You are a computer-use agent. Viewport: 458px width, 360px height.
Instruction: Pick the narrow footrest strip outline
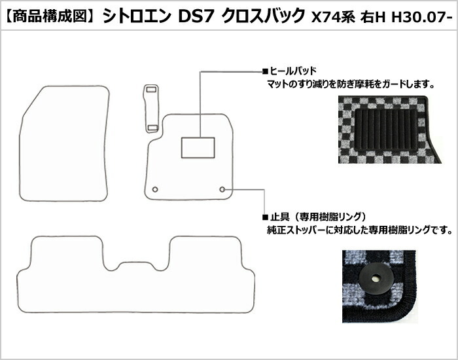pyautogui.click(x=145, y=108)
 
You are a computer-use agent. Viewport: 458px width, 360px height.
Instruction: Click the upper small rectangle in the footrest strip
pyautogui.click(x=151, y=87)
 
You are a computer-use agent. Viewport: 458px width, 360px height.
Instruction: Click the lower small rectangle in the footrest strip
pyautogui.click(x=152, y=126)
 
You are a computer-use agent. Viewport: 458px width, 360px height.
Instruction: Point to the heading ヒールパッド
pyautogui.click(x=293, y=71)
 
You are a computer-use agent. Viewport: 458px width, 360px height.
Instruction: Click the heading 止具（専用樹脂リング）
pyautogui.click(x=318, y=217)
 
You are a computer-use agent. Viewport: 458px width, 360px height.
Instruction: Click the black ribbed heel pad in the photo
pyautogui.click(x=386, y=130)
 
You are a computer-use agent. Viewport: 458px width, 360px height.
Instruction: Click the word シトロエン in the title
pyautogui.click(x=137, y=16)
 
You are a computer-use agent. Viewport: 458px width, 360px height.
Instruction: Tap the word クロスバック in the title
pyautogui.click(x=264, y=16)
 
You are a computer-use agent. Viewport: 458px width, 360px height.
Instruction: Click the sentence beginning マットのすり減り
pyautogui.click(x=351, y=84)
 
